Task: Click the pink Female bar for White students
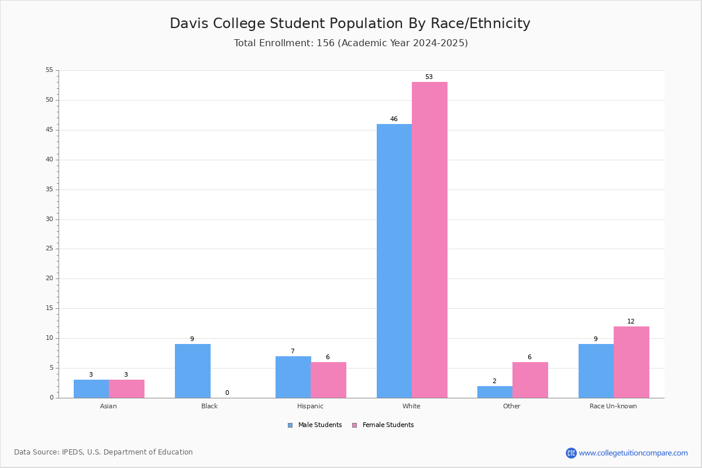coord(429,240)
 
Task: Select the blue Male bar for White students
coord(394,261)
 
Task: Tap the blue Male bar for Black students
coord(192,371)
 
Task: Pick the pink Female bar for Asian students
coord(126,388)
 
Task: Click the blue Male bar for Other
coord(495,392)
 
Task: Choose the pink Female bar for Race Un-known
coord(631,362)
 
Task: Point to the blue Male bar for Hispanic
coord(293,377)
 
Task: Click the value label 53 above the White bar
coord(429,77)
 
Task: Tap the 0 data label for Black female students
coord(227,393)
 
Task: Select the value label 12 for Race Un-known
coord(631,321)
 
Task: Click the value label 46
coord(394,119)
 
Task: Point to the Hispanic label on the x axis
coord(310,406)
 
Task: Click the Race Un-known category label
coord(613,406)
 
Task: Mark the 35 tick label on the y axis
coord(50,190)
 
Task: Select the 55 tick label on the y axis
coord(50,70)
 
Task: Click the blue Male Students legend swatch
coord(290,425)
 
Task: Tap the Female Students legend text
coord(388,425)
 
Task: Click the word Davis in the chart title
coord(189,23)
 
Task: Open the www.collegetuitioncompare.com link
coord(634,453)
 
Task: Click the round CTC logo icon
coord(572,453)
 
